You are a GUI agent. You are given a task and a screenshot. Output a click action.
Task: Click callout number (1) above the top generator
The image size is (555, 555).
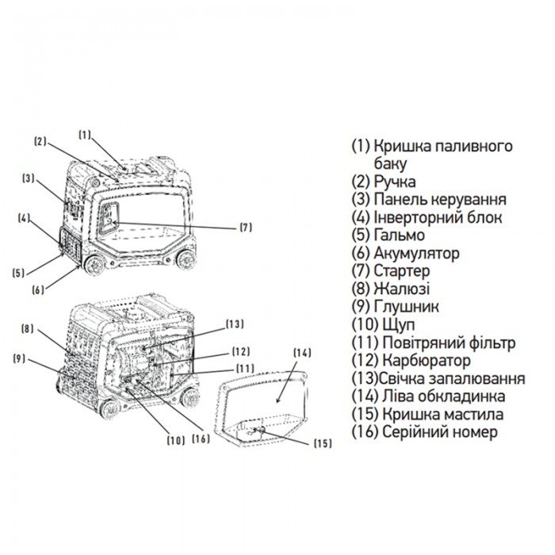click(86, 133)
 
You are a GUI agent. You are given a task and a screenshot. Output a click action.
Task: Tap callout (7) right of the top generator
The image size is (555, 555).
click(246, 228)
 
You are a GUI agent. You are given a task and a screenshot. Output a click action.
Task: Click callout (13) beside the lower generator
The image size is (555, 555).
click(235, 323)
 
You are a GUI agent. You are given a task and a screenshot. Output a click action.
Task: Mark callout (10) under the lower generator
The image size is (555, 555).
click(175, 438)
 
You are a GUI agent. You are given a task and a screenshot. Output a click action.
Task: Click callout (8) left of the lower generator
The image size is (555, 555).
click(27, 328)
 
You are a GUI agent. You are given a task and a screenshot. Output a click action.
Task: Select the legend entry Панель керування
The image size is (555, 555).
click(440, 199)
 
